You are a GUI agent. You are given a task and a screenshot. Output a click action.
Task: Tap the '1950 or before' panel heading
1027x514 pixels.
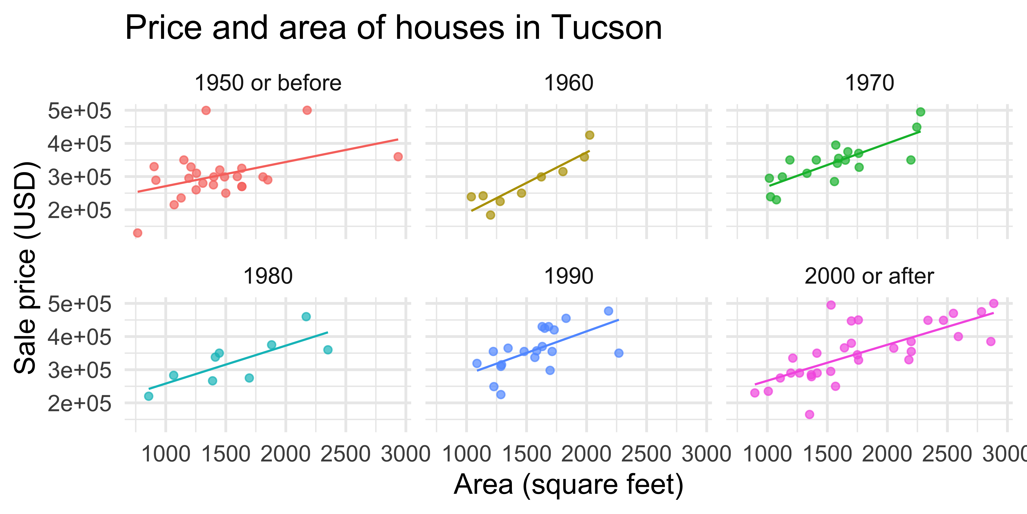coord(268,83)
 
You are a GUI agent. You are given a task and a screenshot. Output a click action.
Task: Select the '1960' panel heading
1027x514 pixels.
coord(569,83)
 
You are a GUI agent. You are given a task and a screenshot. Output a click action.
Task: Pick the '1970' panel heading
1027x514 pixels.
coord(870,83)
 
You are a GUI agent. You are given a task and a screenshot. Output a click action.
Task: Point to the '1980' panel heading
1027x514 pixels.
coord(268,276)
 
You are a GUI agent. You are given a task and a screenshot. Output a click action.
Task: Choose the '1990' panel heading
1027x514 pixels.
coord(569,276)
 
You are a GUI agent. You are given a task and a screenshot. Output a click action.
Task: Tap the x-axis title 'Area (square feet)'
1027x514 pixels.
coord(569,485)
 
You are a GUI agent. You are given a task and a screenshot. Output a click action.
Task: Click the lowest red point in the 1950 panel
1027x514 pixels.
coord(138,233)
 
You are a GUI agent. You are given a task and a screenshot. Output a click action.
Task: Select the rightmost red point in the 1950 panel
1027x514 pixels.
coord(398,156)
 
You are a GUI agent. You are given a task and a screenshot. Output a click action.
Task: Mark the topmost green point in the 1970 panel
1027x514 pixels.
coord(921,112)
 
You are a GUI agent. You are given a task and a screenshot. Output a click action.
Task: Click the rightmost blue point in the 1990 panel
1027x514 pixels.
coord(619,353)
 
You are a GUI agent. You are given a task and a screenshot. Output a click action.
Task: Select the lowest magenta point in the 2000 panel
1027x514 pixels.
coord(809,414)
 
